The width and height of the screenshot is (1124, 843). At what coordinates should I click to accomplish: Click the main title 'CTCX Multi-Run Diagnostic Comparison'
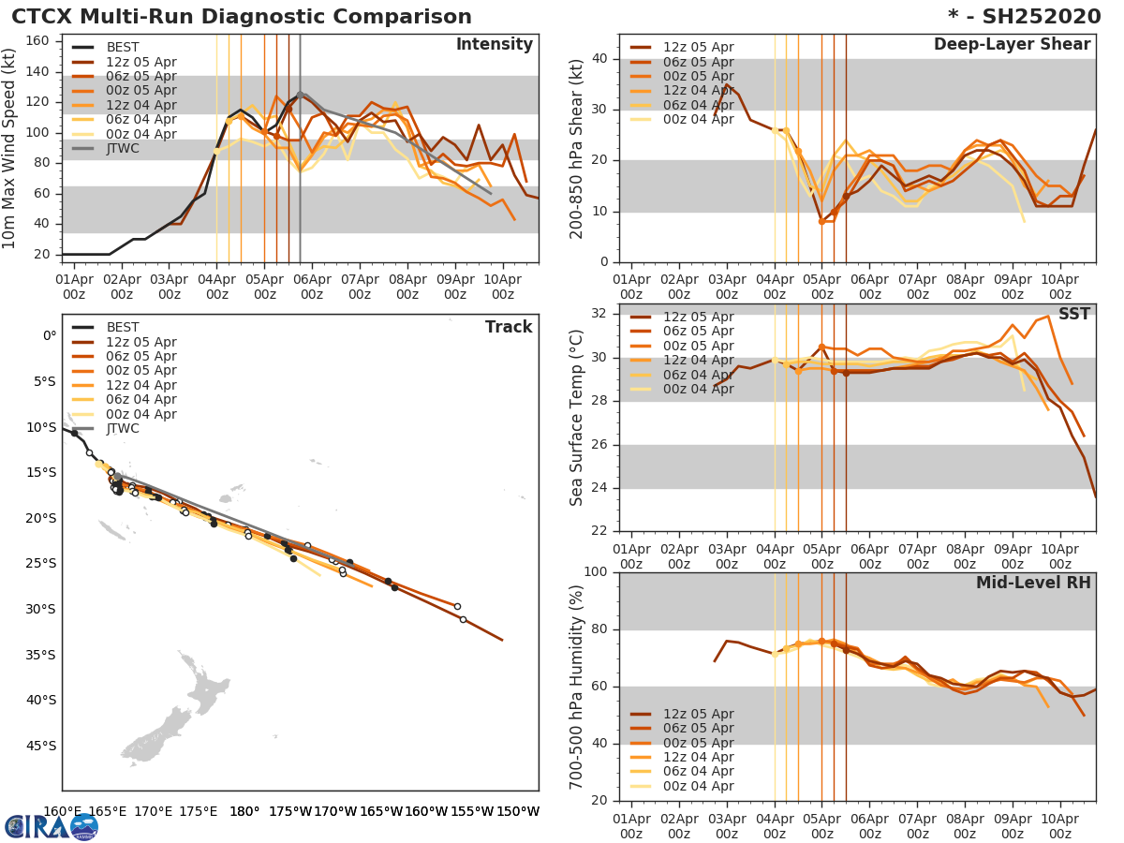[242, 17]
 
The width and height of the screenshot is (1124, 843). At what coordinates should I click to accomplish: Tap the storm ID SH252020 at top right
[1032, 17]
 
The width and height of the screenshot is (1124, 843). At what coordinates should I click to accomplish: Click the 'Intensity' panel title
[494, 45]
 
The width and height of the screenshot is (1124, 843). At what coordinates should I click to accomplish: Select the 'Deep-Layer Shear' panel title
[1012, 45]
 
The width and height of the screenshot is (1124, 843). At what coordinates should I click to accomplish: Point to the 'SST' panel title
[1074, 315]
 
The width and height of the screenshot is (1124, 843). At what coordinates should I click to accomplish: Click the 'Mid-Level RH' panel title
[1033, 584]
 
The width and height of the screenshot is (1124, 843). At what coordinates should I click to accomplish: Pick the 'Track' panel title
[509, 327]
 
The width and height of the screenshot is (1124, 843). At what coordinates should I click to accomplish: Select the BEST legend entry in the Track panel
[123, 327]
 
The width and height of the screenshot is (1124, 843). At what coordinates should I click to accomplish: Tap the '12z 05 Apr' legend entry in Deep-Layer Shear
[698, 48]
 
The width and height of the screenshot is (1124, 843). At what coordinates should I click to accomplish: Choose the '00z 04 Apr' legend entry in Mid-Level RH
[698, 787]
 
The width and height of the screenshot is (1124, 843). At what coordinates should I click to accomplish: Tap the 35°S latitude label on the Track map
[40, 655]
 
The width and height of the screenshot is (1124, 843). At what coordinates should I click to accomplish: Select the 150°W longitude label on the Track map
[517, 812]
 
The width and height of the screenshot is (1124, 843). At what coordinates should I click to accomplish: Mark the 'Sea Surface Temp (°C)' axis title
[577, 418]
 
